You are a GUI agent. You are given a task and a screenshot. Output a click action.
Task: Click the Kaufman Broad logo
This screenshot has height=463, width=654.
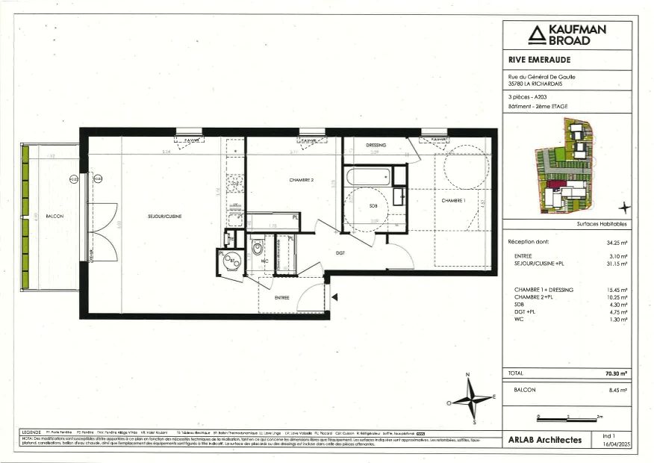[567, 34]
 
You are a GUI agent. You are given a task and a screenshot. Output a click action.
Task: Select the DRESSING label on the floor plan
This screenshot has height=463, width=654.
[376, 145]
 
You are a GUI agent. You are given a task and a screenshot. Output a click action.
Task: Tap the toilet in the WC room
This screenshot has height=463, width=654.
[257, 250]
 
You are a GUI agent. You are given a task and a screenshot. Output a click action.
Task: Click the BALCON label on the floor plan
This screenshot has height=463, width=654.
[54, 217]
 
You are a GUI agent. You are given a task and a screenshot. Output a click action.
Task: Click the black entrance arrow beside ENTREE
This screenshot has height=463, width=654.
[335, 298]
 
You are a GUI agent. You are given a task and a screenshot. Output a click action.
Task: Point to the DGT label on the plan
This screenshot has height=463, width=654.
[340, 253]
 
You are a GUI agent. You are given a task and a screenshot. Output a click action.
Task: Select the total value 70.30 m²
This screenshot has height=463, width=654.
[615, 373]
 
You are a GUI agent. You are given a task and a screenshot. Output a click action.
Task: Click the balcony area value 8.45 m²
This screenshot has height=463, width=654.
[617, 390]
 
